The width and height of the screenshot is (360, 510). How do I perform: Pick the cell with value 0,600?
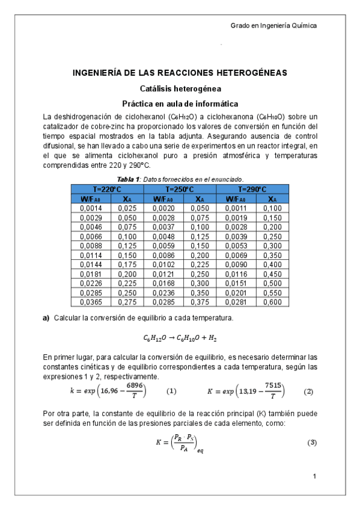pyautogui.click(x=272, y=301)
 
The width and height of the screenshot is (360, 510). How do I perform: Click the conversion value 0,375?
pyautogui.click(x=200, y=301)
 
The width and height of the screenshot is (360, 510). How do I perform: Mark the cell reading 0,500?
pyautogui.click(x=272, y=283)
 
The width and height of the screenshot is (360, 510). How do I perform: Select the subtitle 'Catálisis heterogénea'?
pyautogui.click(x=180, y=88)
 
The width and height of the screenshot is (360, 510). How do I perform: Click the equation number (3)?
pyautogui.click(x=312, y=443)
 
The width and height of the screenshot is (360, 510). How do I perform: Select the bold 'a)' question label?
pyautogui.click(x=46, y=318)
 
